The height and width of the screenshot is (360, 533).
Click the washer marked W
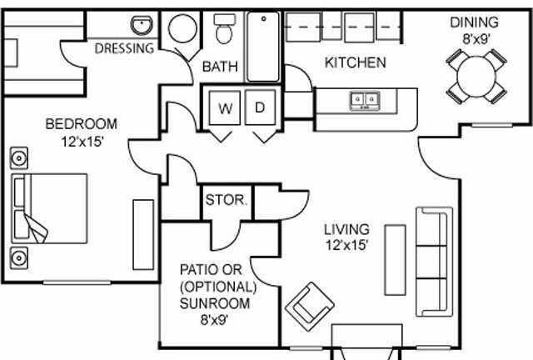(x=225, y=107)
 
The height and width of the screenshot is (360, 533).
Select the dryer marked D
(x=260, y=107)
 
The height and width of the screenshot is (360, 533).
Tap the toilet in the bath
(x=224, y=29)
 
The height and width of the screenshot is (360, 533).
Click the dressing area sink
(x=142, y=25)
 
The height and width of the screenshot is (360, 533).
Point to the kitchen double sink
(x=365, y=101)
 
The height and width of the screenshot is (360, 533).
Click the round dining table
(x=476, y=77)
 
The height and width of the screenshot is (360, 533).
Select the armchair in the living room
(x=309, y=306)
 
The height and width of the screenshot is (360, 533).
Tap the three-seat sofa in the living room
(x=435, y=262)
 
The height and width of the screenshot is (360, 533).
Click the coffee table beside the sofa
(x=395, y=260)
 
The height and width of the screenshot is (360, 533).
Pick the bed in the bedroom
(x=49, y=208)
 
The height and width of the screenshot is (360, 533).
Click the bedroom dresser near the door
(x=143, y=235)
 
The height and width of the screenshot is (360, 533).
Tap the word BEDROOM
(x=82, y=124)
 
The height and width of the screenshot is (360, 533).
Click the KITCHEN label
(x=356, y=62)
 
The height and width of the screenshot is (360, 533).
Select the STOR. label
(x=226, y=200)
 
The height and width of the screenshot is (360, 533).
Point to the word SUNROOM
(x=215, y=303)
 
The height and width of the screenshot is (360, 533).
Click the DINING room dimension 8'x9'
(x=476, y=39)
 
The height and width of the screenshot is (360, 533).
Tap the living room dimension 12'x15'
(x=347, y=245)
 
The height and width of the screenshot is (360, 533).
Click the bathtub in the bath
(x=263, y=47)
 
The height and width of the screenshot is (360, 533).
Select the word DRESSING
(x=124, y=48)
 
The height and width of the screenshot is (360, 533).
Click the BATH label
(x=220, y=67)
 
